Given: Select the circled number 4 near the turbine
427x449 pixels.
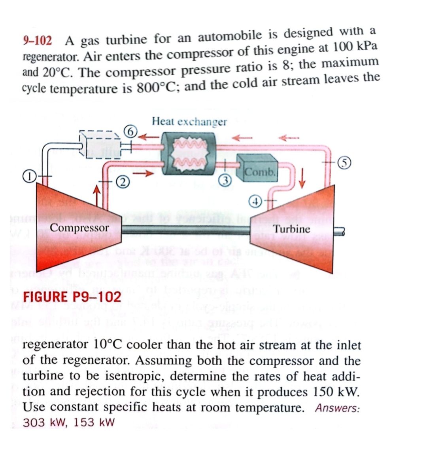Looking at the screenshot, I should click(x=256, y=200).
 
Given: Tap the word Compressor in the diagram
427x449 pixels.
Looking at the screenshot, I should click(x=79, y=228).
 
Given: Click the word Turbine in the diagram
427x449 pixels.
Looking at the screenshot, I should click(x=292, y=229).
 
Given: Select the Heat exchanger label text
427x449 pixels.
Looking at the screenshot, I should click(x=189, y=122).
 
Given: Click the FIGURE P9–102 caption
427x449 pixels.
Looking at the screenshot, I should click(x=72, y=296).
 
